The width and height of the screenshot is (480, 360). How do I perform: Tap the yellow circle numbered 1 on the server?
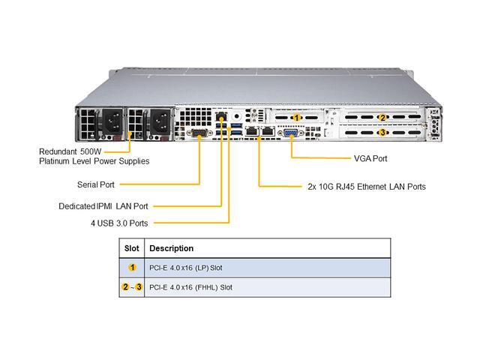298,118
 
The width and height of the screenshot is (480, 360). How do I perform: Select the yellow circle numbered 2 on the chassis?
382,118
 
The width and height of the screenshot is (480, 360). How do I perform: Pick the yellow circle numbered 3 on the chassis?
382,133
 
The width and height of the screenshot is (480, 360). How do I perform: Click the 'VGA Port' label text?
371,159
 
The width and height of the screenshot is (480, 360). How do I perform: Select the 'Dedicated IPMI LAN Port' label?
103,205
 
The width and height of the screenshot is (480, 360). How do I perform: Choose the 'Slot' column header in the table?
132,248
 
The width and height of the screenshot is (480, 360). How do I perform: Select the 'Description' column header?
172,248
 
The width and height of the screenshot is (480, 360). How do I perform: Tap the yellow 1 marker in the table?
132,268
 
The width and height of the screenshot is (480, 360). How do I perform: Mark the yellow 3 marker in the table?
139,287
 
